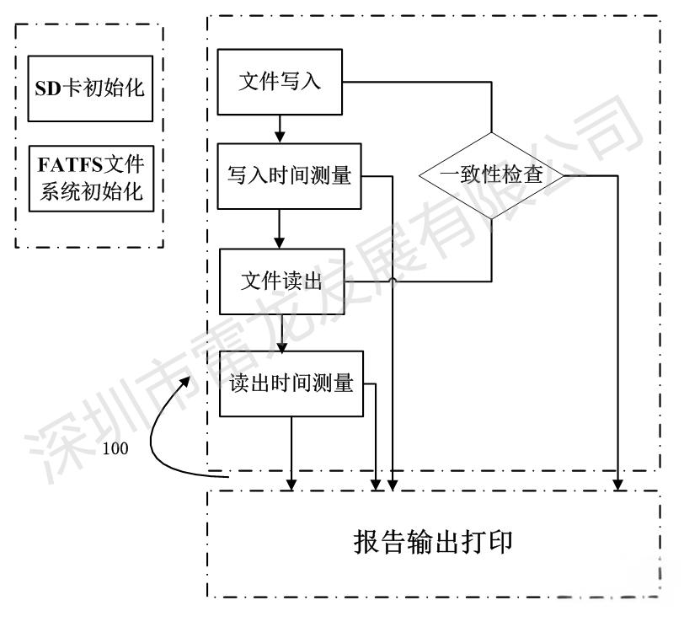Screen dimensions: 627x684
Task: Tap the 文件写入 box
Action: [x=281, y=82]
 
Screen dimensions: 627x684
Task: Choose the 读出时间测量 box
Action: [x=291, y=383]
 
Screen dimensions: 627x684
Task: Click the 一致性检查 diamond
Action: [x=492, y=176]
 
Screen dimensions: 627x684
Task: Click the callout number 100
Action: [x=115, y=448]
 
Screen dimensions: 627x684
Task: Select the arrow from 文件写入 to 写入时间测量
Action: [x=280, y=128]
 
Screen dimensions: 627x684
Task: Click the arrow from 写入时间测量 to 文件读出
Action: [x=280, y=229]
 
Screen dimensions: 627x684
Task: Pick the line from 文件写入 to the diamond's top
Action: [x=421, y=82]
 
